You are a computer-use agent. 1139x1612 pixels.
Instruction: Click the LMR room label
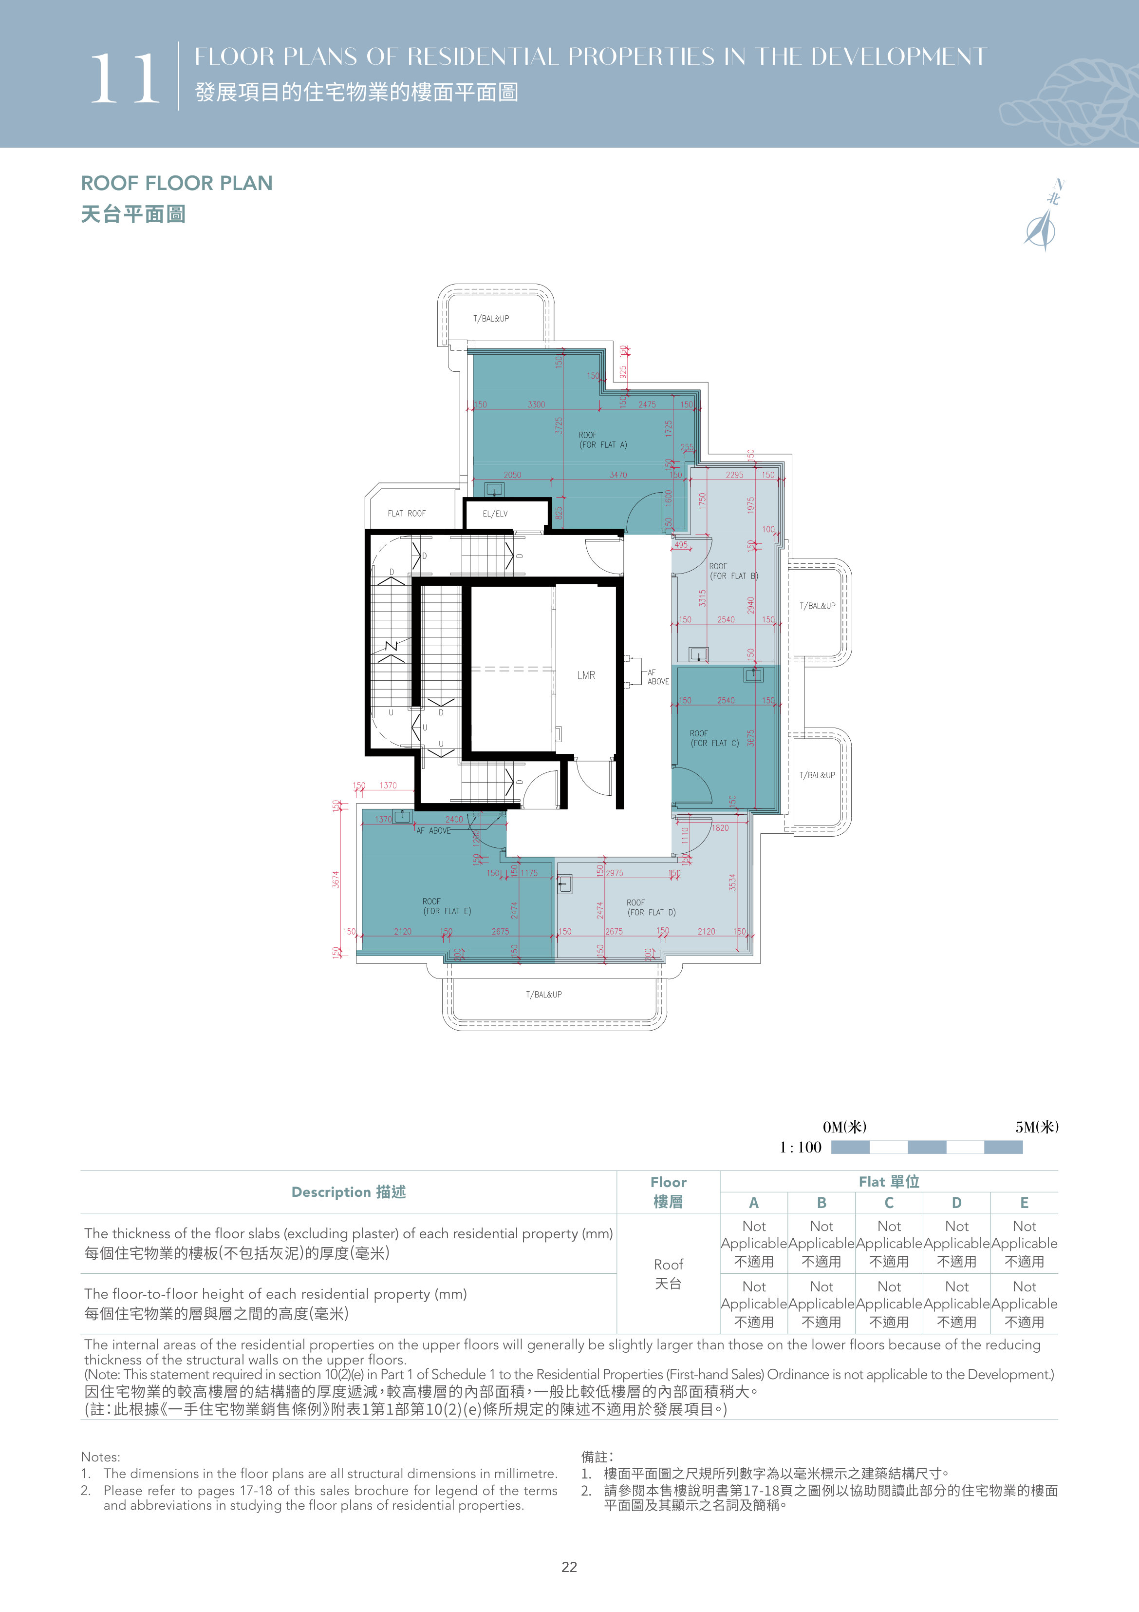click(x=586, y=675)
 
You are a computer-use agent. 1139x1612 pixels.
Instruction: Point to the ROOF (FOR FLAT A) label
click(x=603, y=440)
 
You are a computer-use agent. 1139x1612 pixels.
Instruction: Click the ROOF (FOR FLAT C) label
click(x=714, y=738)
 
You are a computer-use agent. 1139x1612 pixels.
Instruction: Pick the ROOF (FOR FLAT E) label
click(x=447, y=906)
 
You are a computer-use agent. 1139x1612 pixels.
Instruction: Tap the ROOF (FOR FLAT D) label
click(x=651, y=908)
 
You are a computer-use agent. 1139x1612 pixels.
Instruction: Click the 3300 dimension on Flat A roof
click(x=536, y=404)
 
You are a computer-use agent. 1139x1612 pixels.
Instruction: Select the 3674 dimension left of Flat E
click(x=336, y=879)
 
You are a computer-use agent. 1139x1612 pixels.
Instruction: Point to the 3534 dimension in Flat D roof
click(x=733, y=883)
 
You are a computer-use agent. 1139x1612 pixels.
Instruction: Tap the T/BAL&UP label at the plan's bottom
click(x=544, y=994)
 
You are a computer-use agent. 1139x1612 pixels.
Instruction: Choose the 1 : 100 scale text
click(x=800, y=1147)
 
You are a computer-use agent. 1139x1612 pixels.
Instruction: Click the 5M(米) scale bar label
click(x=1037, y=1127)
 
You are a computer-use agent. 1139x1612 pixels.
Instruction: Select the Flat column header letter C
click(x=889, y=1203)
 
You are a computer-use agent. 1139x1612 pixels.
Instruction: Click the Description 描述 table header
click(x=349, y=1192)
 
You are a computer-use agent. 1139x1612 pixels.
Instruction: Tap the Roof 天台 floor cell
click(x=668, y=1274)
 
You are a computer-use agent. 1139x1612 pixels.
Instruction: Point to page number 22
click(x=569, y=1567)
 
